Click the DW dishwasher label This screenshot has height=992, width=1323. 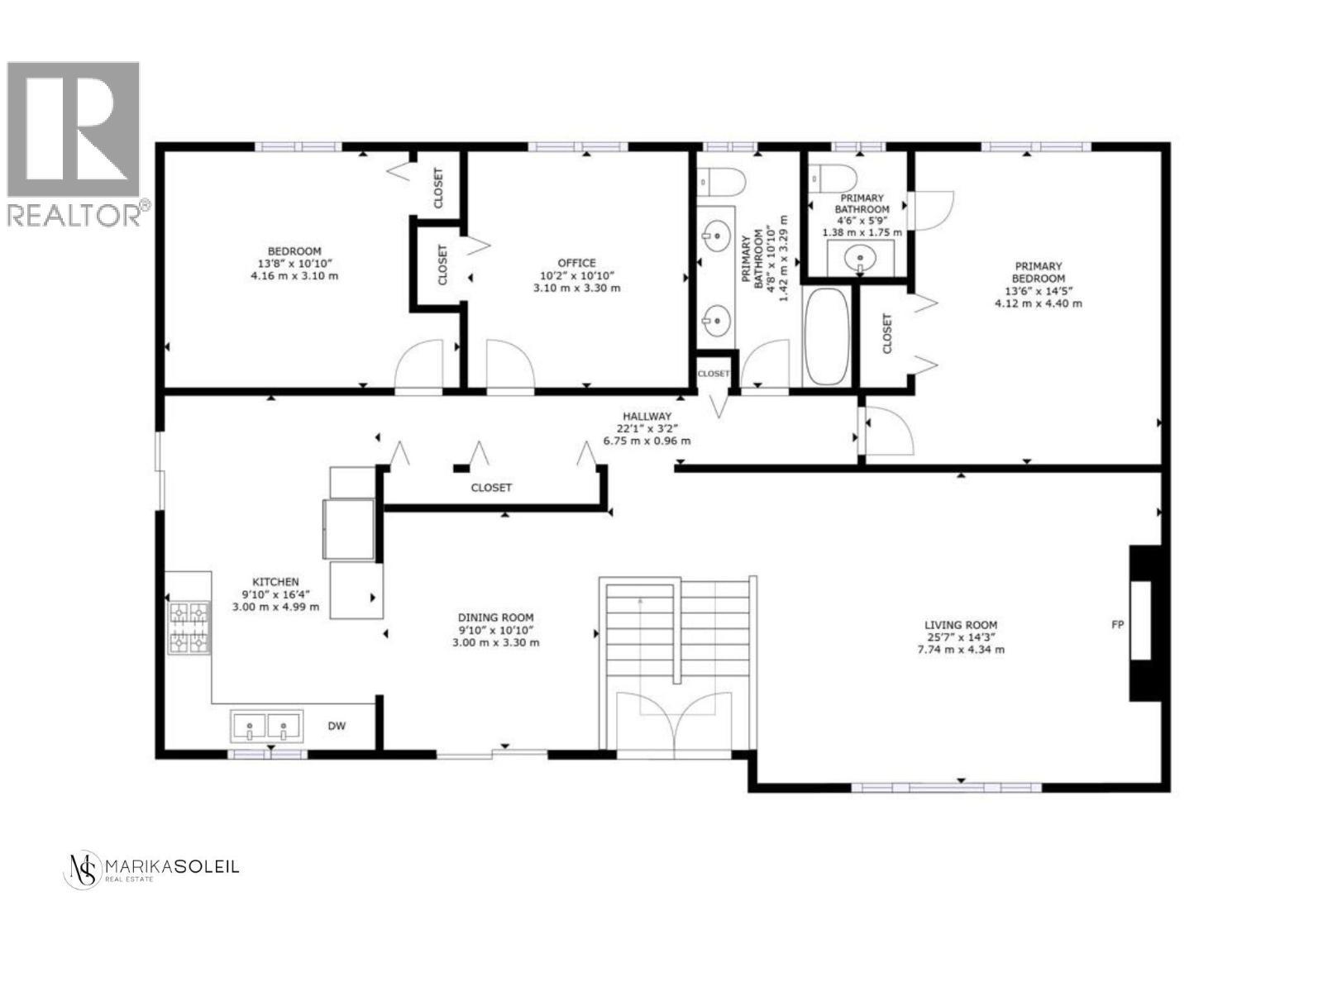pyautogui.click(x=337, y=727)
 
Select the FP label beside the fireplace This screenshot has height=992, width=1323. pyautogui.click(x=1117, y=624)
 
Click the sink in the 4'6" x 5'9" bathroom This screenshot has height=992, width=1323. pyautogui.click(x=860, y=260)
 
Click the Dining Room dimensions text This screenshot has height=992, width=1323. pyautogui.click(x=496, y=642)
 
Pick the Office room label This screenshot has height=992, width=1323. pyautogui.click(x=576, y=263)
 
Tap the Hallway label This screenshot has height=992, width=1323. pyautogui.click(x=647, y=417)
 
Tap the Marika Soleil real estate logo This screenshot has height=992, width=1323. pyautogui.click(x=150, y=870)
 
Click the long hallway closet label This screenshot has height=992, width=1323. pyautogui.click(x=491, y=488)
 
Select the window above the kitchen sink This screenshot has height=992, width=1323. pyautogui.click(x=266, y=754)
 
